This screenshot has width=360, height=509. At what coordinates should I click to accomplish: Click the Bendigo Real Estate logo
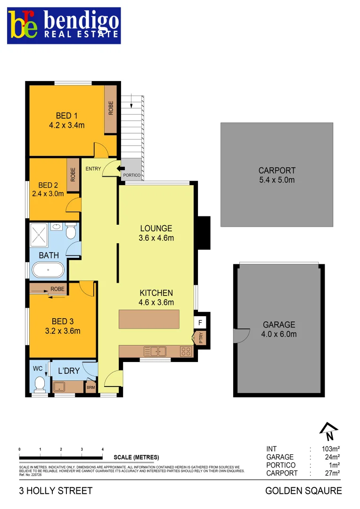click(x=63, y=25)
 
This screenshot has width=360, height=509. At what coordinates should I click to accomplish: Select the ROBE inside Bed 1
click(x=111, y=109)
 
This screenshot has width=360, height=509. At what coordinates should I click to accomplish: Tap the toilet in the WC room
click(x=40, y=383)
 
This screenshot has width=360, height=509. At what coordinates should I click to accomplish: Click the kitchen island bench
click(x=149, y=319)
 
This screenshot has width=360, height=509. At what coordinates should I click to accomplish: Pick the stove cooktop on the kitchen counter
click(x=186, y=351)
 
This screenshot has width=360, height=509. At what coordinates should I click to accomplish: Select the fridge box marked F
click(x=200, y=323)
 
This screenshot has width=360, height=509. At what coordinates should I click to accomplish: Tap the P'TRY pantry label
click(x=200, y=339)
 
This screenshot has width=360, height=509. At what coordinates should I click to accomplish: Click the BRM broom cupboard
click(x=90, y=387)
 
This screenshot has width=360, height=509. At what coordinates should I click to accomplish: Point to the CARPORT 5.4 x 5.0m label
click(x=277, y=175)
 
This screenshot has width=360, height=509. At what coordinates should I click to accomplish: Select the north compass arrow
click(x=329, y=428)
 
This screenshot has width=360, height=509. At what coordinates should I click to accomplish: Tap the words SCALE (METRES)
click(x=136, y=457)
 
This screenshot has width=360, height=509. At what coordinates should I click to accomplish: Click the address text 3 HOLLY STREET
click(x=56, y=491)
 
